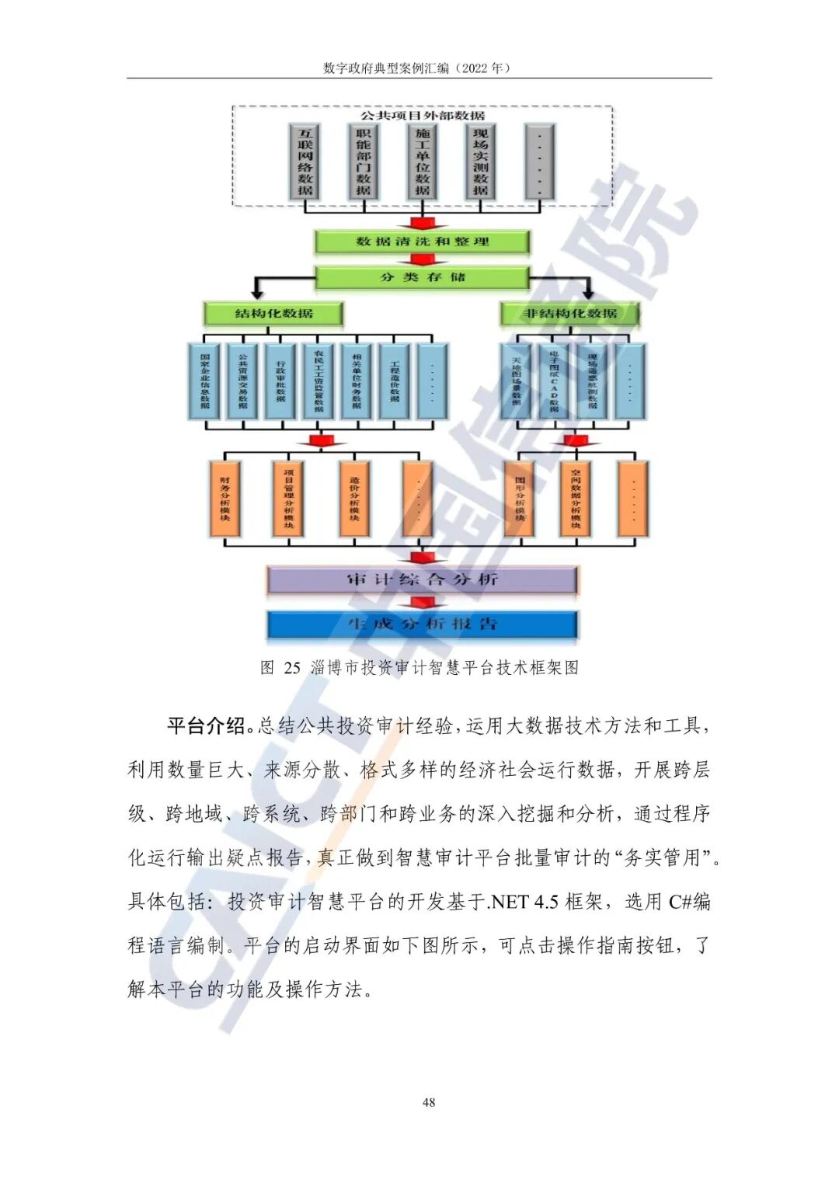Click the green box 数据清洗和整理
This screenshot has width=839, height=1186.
point(422,242)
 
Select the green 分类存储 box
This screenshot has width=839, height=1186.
point(422,277)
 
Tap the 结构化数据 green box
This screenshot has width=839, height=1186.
point(273,314)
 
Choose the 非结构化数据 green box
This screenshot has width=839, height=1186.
point(570,314)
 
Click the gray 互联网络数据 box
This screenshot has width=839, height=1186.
point(305,162)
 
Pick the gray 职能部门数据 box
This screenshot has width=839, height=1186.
point(364,162)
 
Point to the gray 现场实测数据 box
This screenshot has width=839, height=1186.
point(480,162)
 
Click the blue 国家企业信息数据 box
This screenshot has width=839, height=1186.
point(205,381)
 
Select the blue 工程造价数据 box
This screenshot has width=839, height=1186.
point(395,381)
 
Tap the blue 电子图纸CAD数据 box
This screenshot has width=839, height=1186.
point(554,381)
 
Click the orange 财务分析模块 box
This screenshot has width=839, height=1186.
point(225,499)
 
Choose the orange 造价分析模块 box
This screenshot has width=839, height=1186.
point(354,499)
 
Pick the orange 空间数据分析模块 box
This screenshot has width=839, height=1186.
point(576,499)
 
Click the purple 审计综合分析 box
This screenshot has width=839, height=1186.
point(422,579)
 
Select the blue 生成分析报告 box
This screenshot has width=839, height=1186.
point(422,624)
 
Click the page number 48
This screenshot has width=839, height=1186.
point(429,1102)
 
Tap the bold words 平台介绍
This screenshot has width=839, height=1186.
point(206,726)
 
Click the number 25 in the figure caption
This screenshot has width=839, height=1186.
point(292,667)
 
